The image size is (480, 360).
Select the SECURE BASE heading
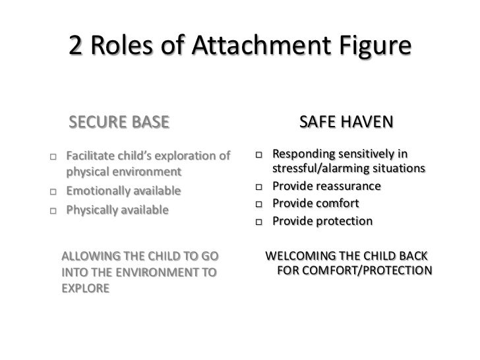(x=119, y=123)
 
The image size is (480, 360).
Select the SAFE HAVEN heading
(x=346, y=123)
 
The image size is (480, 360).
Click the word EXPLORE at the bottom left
(x=85, y=289)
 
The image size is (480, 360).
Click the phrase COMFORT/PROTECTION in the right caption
(x=367, y=271)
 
